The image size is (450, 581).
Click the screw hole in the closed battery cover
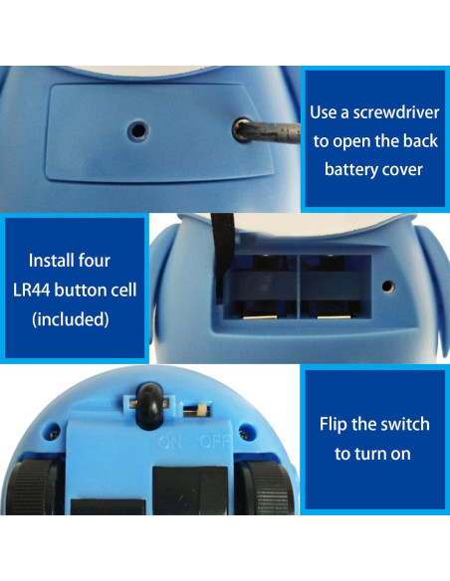click(136, 129)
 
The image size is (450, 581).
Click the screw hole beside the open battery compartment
click(388, 288)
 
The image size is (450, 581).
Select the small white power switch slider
click(200, 410)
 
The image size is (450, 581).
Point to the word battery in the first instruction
click(347, 169)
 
